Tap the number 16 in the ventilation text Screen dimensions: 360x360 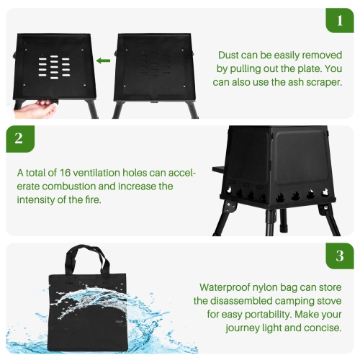(67, 173)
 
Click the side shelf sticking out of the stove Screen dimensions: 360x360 (216, 171)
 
